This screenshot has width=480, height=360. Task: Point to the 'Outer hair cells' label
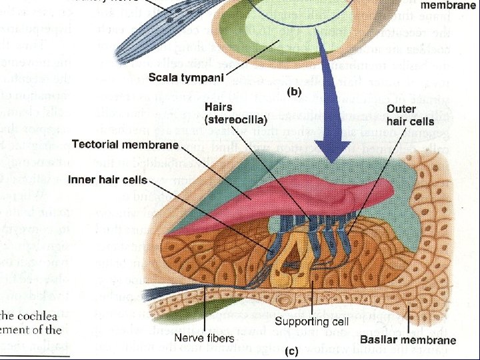pos(410,115)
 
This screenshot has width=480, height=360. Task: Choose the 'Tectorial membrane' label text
pos(125,145)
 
